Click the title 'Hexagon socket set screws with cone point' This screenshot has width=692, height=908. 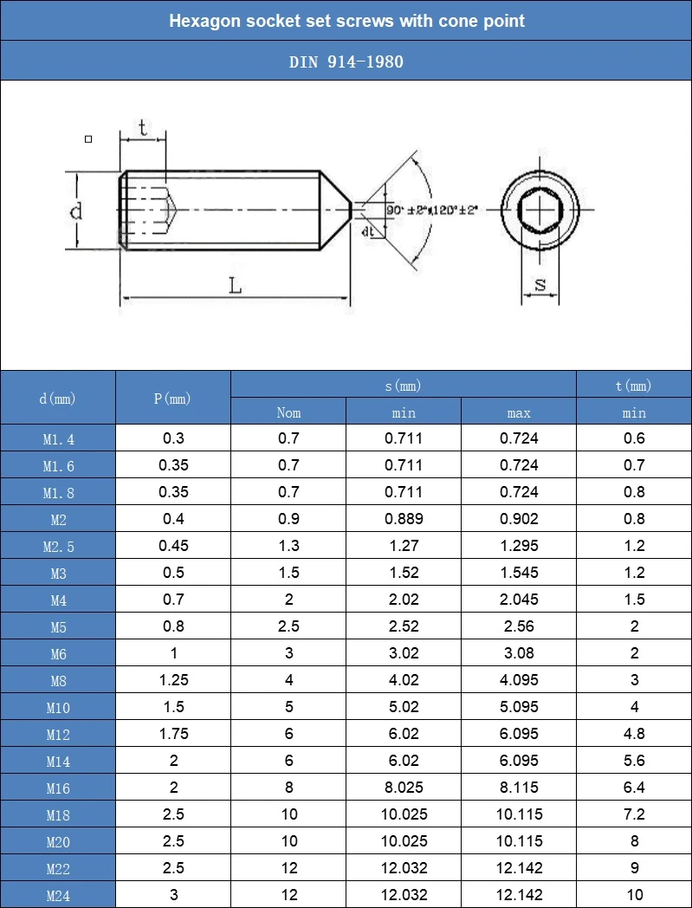[x=346, y=21]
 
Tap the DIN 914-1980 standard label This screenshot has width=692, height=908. [x=346, y=62]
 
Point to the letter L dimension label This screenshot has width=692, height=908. [x=235, y=286]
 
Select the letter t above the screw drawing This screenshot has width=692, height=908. [x=143, y=127]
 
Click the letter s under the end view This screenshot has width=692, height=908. [x=540, y=284]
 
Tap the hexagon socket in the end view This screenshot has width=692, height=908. [x=540, y=209]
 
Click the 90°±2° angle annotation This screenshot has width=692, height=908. [x=406, y=211]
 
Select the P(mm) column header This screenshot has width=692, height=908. [x=172, y=399]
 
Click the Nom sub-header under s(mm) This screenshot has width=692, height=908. [x=288, y=412]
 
